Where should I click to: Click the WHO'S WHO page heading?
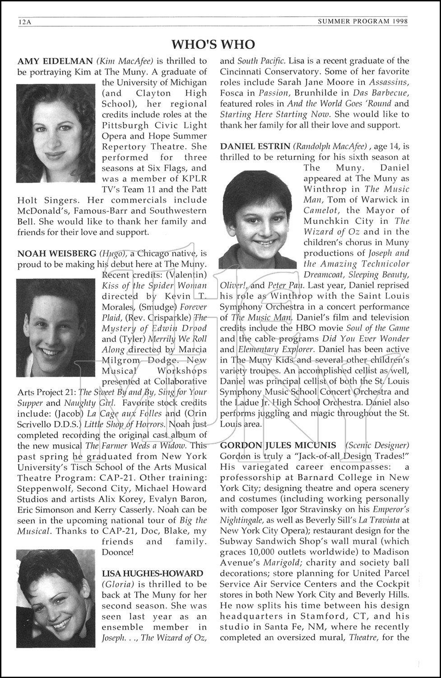[x=214, y=44]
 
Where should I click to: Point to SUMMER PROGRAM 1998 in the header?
[x=363, y=21]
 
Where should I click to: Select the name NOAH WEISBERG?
[x=57, y=254]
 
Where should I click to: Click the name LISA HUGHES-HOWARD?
[x=153, y=574]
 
